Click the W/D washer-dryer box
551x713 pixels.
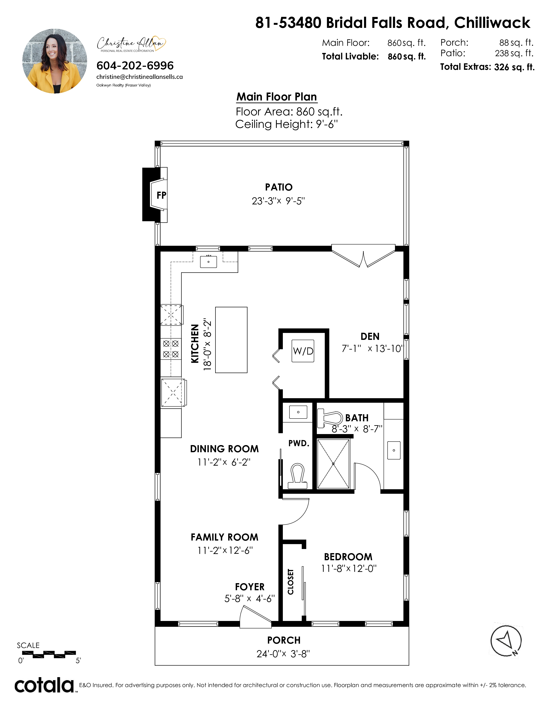pos(303,351)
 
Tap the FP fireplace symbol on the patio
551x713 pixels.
pos(155,195)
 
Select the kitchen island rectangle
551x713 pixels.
pos(231,340)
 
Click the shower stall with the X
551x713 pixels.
pos(333,464)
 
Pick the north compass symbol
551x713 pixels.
pos(506,641)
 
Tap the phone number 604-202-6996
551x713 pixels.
pos(135,66)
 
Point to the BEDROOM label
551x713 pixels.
pos(348,557)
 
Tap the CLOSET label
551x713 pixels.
pos(290,582)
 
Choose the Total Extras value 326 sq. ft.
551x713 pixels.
pos(514,67)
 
